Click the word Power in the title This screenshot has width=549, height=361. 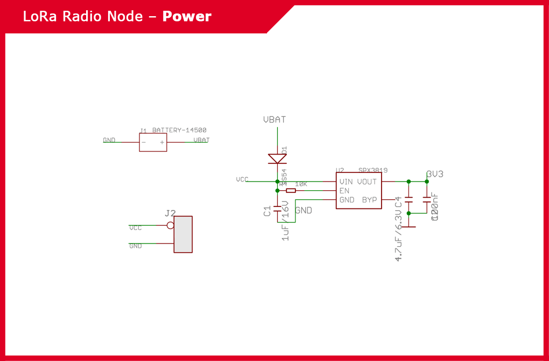(x=187, y=16)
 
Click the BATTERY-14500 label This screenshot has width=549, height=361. (x=179, y=130)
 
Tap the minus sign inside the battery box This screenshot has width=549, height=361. (x=144, y=142)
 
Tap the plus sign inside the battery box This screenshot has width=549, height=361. (x=161, y=142)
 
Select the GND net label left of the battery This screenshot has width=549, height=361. (x=109, y=140)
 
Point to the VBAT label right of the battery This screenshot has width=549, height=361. (x=201, y=140)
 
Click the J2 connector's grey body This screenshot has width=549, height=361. (x=183, y=234)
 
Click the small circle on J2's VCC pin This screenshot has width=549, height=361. (x=170, y=225)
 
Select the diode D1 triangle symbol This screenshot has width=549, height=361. (x=277, y=158)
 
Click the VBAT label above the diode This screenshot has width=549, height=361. (x=274, y=120)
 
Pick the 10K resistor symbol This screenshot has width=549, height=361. (x=291, y=190)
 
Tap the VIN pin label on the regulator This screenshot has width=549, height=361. (x=346, y=182)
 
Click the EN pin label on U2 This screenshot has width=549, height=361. (x=344, y=191)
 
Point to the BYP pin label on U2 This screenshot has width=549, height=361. (x=370, y=200)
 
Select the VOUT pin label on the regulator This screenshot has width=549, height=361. (x=367, y=182)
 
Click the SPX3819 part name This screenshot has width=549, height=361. (x=373, y=170)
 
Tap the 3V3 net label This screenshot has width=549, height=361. (x=435, y=174)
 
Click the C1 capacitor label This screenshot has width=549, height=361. (x=268, y=211)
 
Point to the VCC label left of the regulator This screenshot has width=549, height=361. (x=242, y=179)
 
